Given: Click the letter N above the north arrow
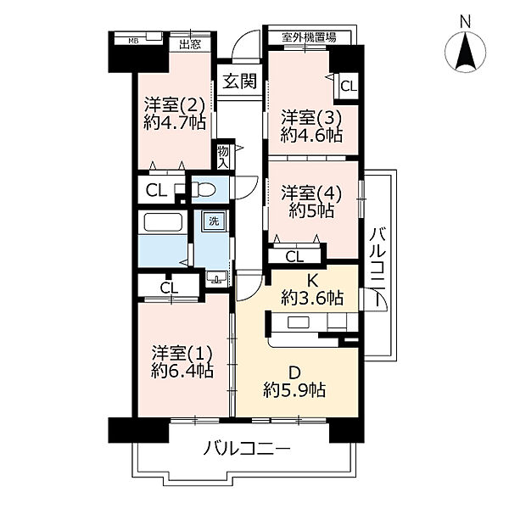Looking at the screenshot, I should click(465, 20).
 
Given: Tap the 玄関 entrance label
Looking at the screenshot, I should click(239, 81).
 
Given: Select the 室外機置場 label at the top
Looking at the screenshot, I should click(309, 36).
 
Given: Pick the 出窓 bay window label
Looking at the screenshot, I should click(189, 43).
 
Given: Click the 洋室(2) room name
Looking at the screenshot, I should click(173, 105).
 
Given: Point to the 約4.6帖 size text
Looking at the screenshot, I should click(312, 135).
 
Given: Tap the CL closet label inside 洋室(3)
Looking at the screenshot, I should click(348, 85).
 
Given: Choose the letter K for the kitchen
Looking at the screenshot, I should click(312, 279).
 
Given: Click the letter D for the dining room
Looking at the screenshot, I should click(294, 371).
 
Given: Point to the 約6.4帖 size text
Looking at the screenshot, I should click(182, 370).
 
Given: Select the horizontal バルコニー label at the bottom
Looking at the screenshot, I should click(246, 449).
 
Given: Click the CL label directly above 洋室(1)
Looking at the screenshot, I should click(169, 288).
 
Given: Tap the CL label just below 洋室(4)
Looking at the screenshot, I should click(294, 255).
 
